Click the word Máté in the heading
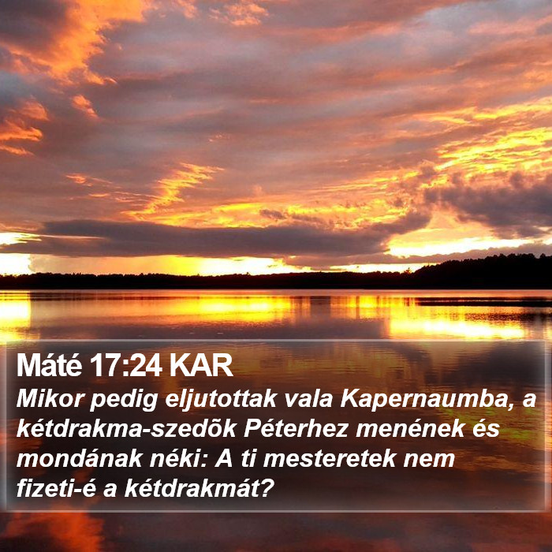pos(49,365)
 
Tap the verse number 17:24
pos(125,365)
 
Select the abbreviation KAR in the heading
pos(201,365)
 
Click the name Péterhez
pos(296,429)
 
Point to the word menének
pos(410,429)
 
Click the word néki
pos(179,459)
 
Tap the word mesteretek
pos(329,459)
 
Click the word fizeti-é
pos(56,489)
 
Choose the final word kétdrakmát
pos(193,489)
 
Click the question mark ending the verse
pos(268,489)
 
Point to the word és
pos(487,429)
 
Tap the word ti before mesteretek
pos(248,459)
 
